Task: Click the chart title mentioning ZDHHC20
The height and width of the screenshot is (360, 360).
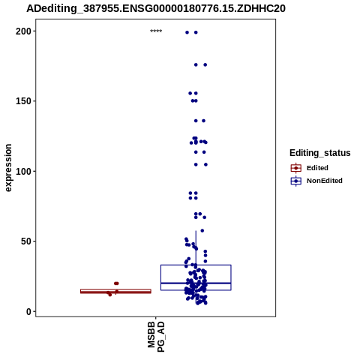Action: point(156,8)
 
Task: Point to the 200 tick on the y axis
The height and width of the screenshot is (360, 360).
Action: point(25,31)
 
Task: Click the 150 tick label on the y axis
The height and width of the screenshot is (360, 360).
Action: point(25,101)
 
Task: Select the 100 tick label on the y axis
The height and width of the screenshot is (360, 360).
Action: point(25,172)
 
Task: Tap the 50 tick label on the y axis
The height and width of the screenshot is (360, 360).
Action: point(27,241)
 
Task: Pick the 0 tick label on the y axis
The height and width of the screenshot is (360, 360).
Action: point(29,311)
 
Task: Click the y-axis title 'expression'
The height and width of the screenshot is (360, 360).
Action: point(8,168)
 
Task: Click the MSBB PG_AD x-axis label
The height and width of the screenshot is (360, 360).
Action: point(156,337)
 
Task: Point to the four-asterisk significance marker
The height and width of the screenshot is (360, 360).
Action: point(156,31)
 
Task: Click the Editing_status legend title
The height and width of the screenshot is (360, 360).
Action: point(320,153)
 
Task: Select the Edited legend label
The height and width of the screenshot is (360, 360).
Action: point(317,168)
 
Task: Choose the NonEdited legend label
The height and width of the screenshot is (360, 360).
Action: point(325,181)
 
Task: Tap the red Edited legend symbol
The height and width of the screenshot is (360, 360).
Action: point(296,168)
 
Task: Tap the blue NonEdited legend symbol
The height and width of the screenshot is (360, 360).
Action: point(296,181)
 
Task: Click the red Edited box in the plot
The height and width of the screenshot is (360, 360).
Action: point(115,291)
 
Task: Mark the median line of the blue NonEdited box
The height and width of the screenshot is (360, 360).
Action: point(196,283)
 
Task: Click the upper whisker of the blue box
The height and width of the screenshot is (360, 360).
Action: point(196,247)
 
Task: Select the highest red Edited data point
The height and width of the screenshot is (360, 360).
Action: point(116,283)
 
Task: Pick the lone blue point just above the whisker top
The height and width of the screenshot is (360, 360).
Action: point(202,230)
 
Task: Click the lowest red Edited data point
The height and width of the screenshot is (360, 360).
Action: point(109,295)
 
